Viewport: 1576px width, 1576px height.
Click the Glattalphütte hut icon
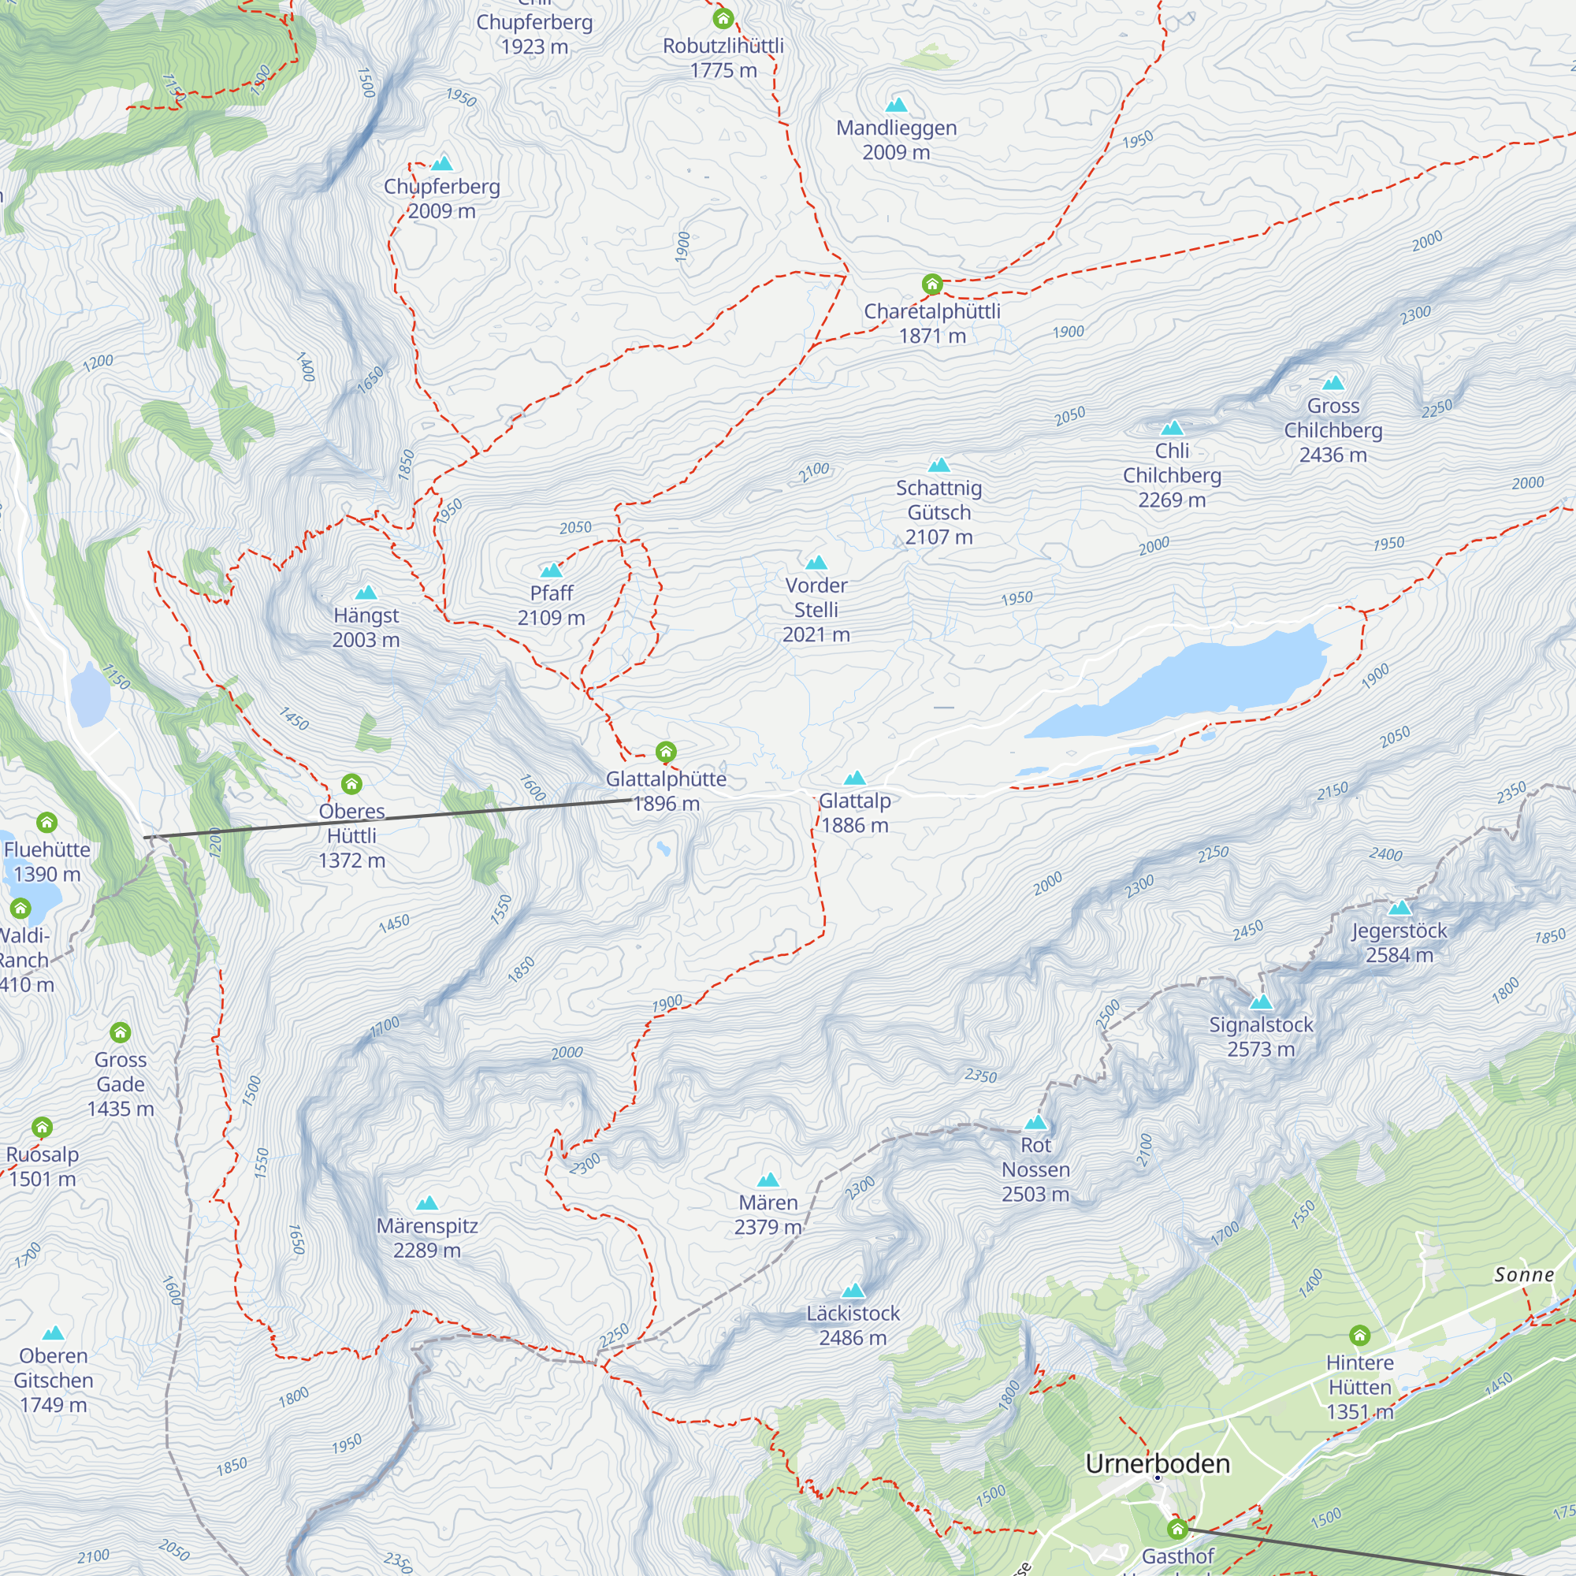pos(666,751)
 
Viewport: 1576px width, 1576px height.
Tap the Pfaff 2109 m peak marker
pos(552,571)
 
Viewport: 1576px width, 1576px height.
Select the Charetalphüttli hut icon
pos(931,284)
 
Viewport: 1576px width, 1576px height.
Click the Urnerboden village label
pos(1157,1464)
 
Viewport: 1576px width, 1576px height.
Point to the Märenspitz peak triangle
pos(426,1204)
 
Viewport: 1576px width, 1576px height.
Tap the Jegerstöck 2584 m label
pos(1399,942)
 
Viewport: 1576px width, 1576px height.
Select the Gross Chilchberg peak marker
pos(1333,383)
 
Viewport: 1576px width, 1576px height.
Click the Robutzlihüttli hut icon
pos(723,18)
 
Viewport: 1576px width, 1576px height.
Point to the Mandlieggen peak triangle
pos(897,105)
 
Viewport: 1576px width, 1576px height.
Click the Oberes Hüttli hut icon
pos(351,784)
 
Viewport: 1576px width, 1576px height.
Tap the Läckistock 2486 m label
pos(853,1325)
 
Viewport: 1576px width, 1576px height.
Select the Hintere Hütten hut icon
pos(1359,1336)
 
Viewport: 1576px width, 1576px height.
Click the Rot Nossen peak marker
pos(1035,1122)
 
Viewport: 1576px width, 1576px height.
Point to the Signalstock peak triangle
pos(1261,1002)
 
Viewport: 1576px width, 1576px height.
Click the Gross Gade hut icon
pos(121,1033)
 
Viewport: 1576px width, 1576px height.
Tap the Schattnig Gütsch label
pos(939,511)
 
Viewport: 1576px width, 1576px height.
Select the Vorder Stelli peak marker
pos(816,563)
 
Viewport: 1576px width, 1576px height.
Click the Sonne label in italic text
pos(1524,1275)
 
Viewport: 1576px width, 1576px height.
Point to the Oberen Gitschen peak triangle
pos(53,1334)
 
